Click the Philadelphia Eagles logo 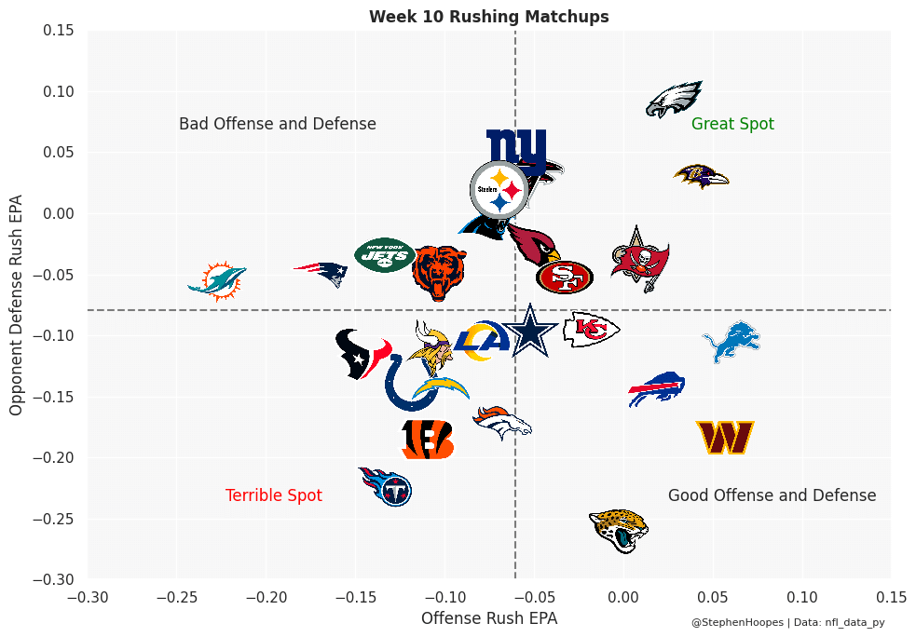674,100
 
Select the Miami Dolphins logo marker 217,280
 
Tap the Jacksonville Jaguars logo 619,531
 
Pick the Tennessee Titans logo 387,485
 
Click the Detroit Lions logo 731,342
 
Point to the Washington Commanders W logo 725,437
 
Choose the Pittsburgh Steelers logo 499,188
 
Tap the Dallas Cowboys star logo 529,332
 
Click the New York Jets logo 385,254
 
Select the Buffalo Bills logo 657,388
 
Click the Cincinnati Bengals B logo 428,440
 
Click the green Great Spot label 732,124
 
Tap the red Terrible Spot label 274,495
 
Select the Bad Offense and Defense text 278,124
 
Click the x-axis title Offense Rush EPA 489,617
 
